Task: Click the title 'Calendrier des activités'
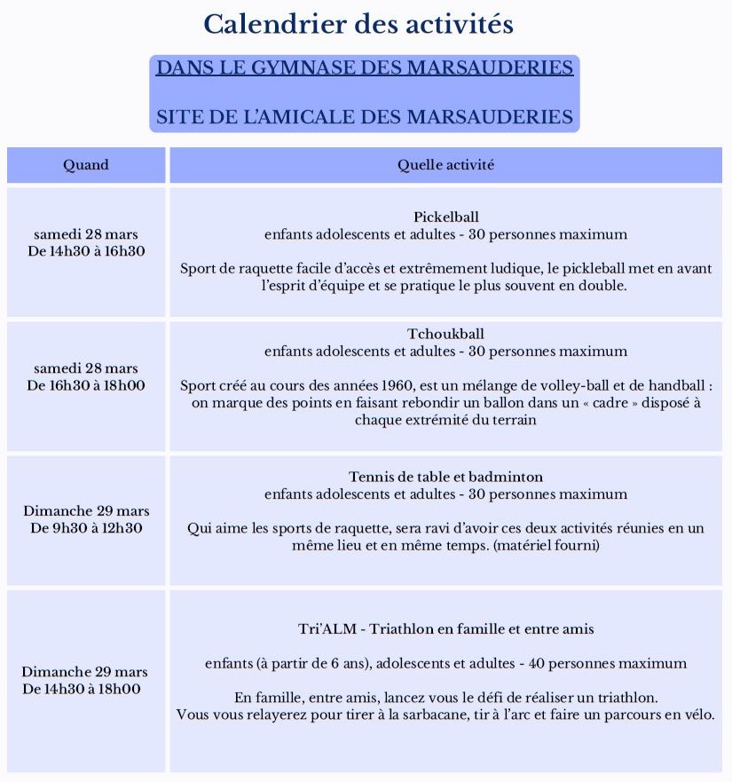[358, 24]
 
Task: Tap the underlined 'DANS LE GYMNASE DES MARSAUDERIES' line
[365, 68]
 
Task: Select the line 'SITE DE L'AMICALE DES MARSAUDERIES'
[365, 117]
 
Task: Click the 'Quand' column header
[86, 164]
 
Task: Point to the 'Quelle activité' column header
[445, 164]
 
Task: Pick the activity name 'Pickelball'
[445, 217]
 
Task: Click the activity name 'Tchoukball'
[445, 334]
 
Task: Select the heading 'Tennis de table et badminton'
[445, 477]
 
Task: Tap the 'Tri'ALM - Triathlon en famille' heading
[445, 628]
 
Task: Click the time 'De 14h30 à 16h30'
[86, 251]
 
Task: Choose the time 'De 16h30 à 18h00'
[86, 385]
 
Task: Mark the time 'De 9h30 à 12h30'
[86, 528]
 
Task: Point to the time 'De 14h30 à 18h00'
[86, 689]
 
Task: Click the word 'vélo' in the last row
[696, 715]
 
